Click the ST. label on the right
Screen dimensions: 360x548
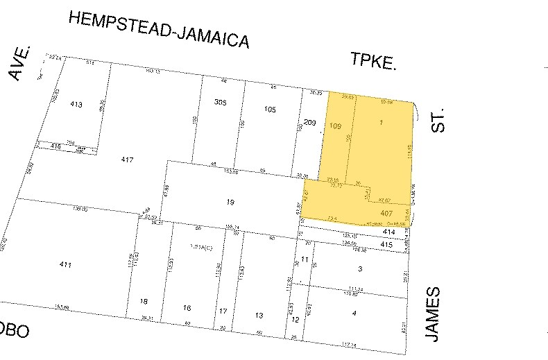(436, 119)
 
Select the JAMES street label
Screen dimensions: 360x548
(434, 314)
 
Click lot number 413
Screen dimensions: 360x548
(76, 105)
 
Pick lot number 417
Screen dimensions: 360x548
(126, 160)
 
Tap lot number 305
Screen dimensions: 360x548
(221, 102)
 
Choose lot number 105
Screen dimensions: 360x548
(270, 109)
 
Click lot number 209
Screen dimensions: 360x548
(309, 123)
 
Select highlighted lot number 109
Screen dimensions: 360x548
(336, 126)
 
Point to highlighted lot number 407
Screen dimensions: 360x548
(387, 213)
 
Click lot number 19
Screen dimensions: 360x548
(231, 202)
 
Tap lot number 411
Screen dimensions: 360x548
(66, 264)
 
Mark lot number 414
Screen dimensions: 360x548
(388, 232)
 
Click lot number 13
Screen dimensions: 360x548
(259, 316)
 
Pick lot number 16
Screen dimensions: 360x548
(187, 307)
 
